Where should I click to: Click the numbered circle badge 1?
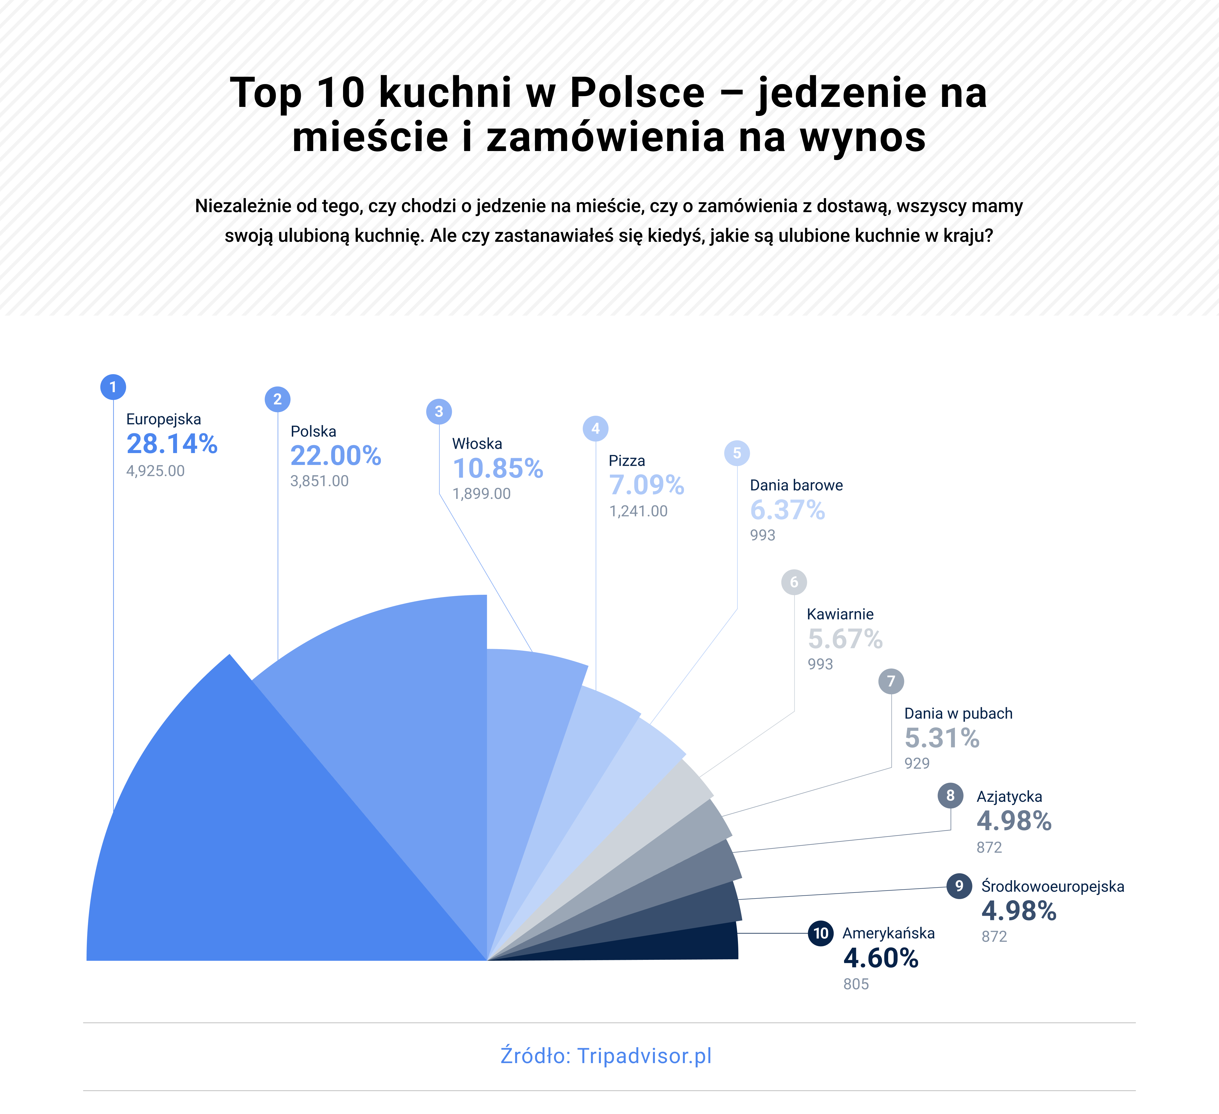point(113,387)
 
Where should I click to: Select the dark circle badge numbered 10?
point(821,933)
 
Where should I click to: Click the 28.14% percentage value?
point(172,444)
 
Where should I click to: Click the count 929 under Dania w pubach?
point(917,763)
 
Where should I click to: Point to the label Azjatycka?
point(1009,796)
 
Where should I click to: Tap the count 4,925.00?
point(156,471)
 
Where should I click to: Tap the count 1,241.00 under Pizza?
point(638,511)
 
